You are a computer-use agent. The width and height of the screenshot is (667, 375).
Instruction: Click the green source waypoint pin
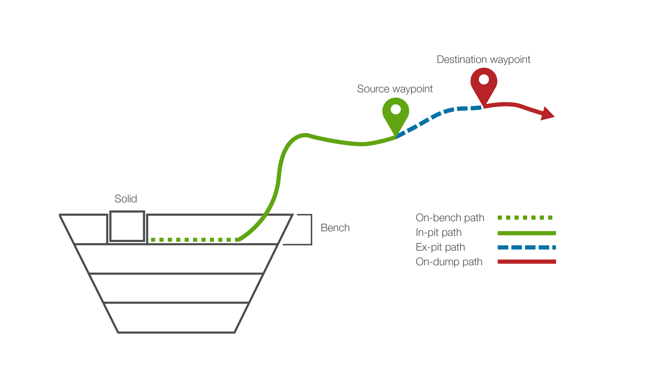[395, 115]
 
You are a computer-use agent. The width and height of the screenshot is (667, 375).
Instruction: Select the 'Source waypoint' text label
[395, 89]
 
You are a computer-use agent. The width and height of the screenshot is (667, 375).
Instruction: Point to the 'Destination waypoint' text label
[483, 60]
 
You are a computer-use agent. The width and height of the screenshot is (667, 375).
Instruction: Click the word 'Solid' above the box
[126, 199]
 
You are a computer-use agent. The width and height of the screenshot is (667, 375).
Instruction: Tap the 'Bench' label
[335, 228]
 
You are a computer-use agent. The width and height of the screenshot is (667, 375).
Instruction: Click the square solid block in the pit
[127, 226]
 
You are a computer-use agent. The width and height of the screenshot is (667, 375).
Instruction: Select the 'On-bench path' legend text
[450, 218]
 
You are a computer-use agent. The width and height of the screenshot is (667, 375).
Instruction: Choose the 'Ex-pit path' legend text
[440, 247]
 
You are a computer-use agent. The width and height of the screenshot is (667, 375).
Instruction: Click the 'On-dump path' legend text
[449, 262]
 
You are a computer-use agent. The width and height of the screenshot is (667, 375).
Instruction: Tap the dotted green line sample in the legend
[525, 218]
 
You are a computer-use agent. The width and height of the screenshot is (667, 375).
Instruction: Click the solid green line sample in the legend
[527, 233]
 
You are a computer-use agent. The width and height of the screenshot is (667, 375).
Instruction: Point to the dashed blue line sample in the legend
[527, 247]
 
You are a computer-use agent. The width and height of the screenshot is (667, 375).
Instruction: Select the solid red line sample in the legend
[527, 262]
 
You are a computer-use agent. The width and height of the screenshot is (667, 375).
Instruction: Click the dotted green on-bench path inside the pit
[194, 240]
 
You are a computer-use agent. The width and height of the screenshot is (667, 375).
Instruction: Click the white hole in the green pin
[395, 109]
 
